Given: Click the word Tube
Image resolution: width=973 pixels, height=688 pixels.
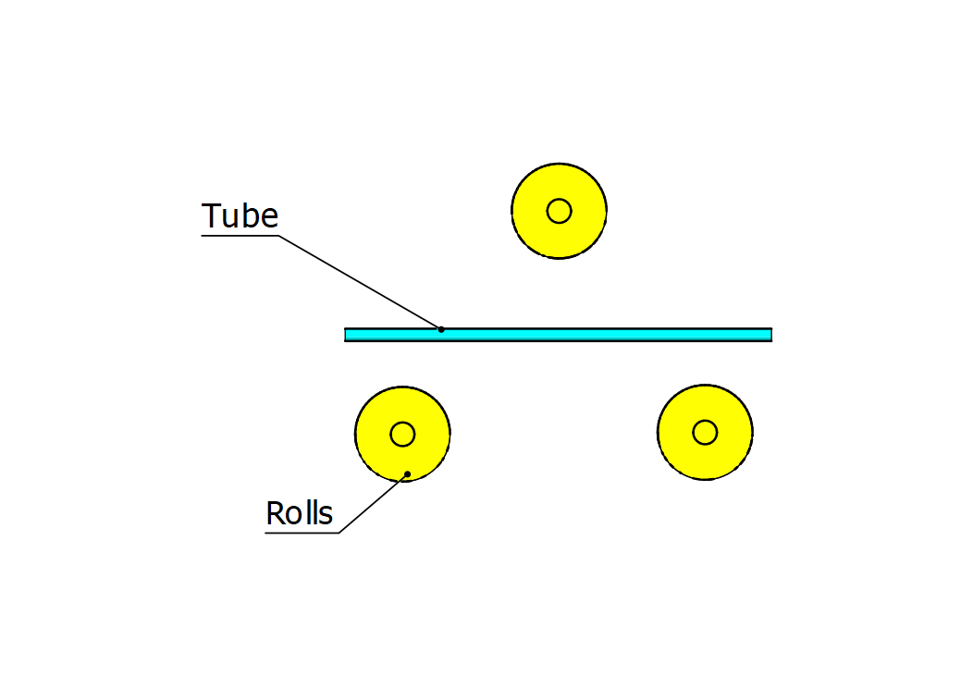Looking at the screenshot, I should pos(240,215).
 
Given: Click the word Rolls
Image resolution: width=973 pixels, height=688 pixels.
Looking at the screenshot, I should pos(299,513).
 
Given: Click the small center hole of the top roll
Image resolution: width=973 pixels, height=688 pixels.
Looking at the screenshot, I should pos(559,211).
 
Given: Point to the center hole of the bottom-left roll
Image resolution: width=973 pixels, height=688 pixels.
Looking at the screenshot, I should pos(402,434).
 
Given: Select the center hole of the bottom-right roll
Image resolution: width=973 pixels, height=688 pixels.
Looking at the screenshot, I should pos(705,432).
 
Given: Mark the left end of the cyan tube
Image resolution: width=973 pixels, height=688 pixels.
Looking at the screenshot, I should pos(347,334).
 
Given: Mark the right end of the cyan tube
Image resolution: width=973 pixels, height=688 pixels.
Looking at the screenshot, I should pos(770,334).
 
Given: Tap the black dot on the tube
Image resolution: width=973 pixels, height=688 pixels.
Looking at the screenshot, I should pos(441,329).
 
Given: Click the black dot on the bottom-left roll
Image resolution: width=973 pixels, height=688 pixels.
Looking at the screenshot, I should pos(407,475).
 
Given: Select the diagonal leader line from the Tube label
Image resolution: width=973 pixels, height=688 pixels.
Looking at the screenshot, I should pos(361,283).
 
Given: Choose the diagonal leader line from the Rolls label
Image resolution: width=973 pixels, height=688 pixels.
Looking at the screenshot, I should pos(374,504).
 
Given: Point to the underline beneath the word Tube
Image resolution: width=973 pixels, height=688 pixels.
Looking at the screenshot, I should pos(240,236).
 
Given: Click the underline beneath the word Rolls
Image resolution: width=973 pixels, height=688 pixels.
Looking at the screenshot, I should pos(302,533).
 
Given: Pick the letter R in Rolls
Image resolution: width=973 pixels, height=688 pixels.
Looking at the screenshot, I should pos(275,513).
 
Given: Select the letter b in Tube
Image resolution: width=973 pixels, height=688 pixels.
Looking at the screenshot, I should pos(247,215).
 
